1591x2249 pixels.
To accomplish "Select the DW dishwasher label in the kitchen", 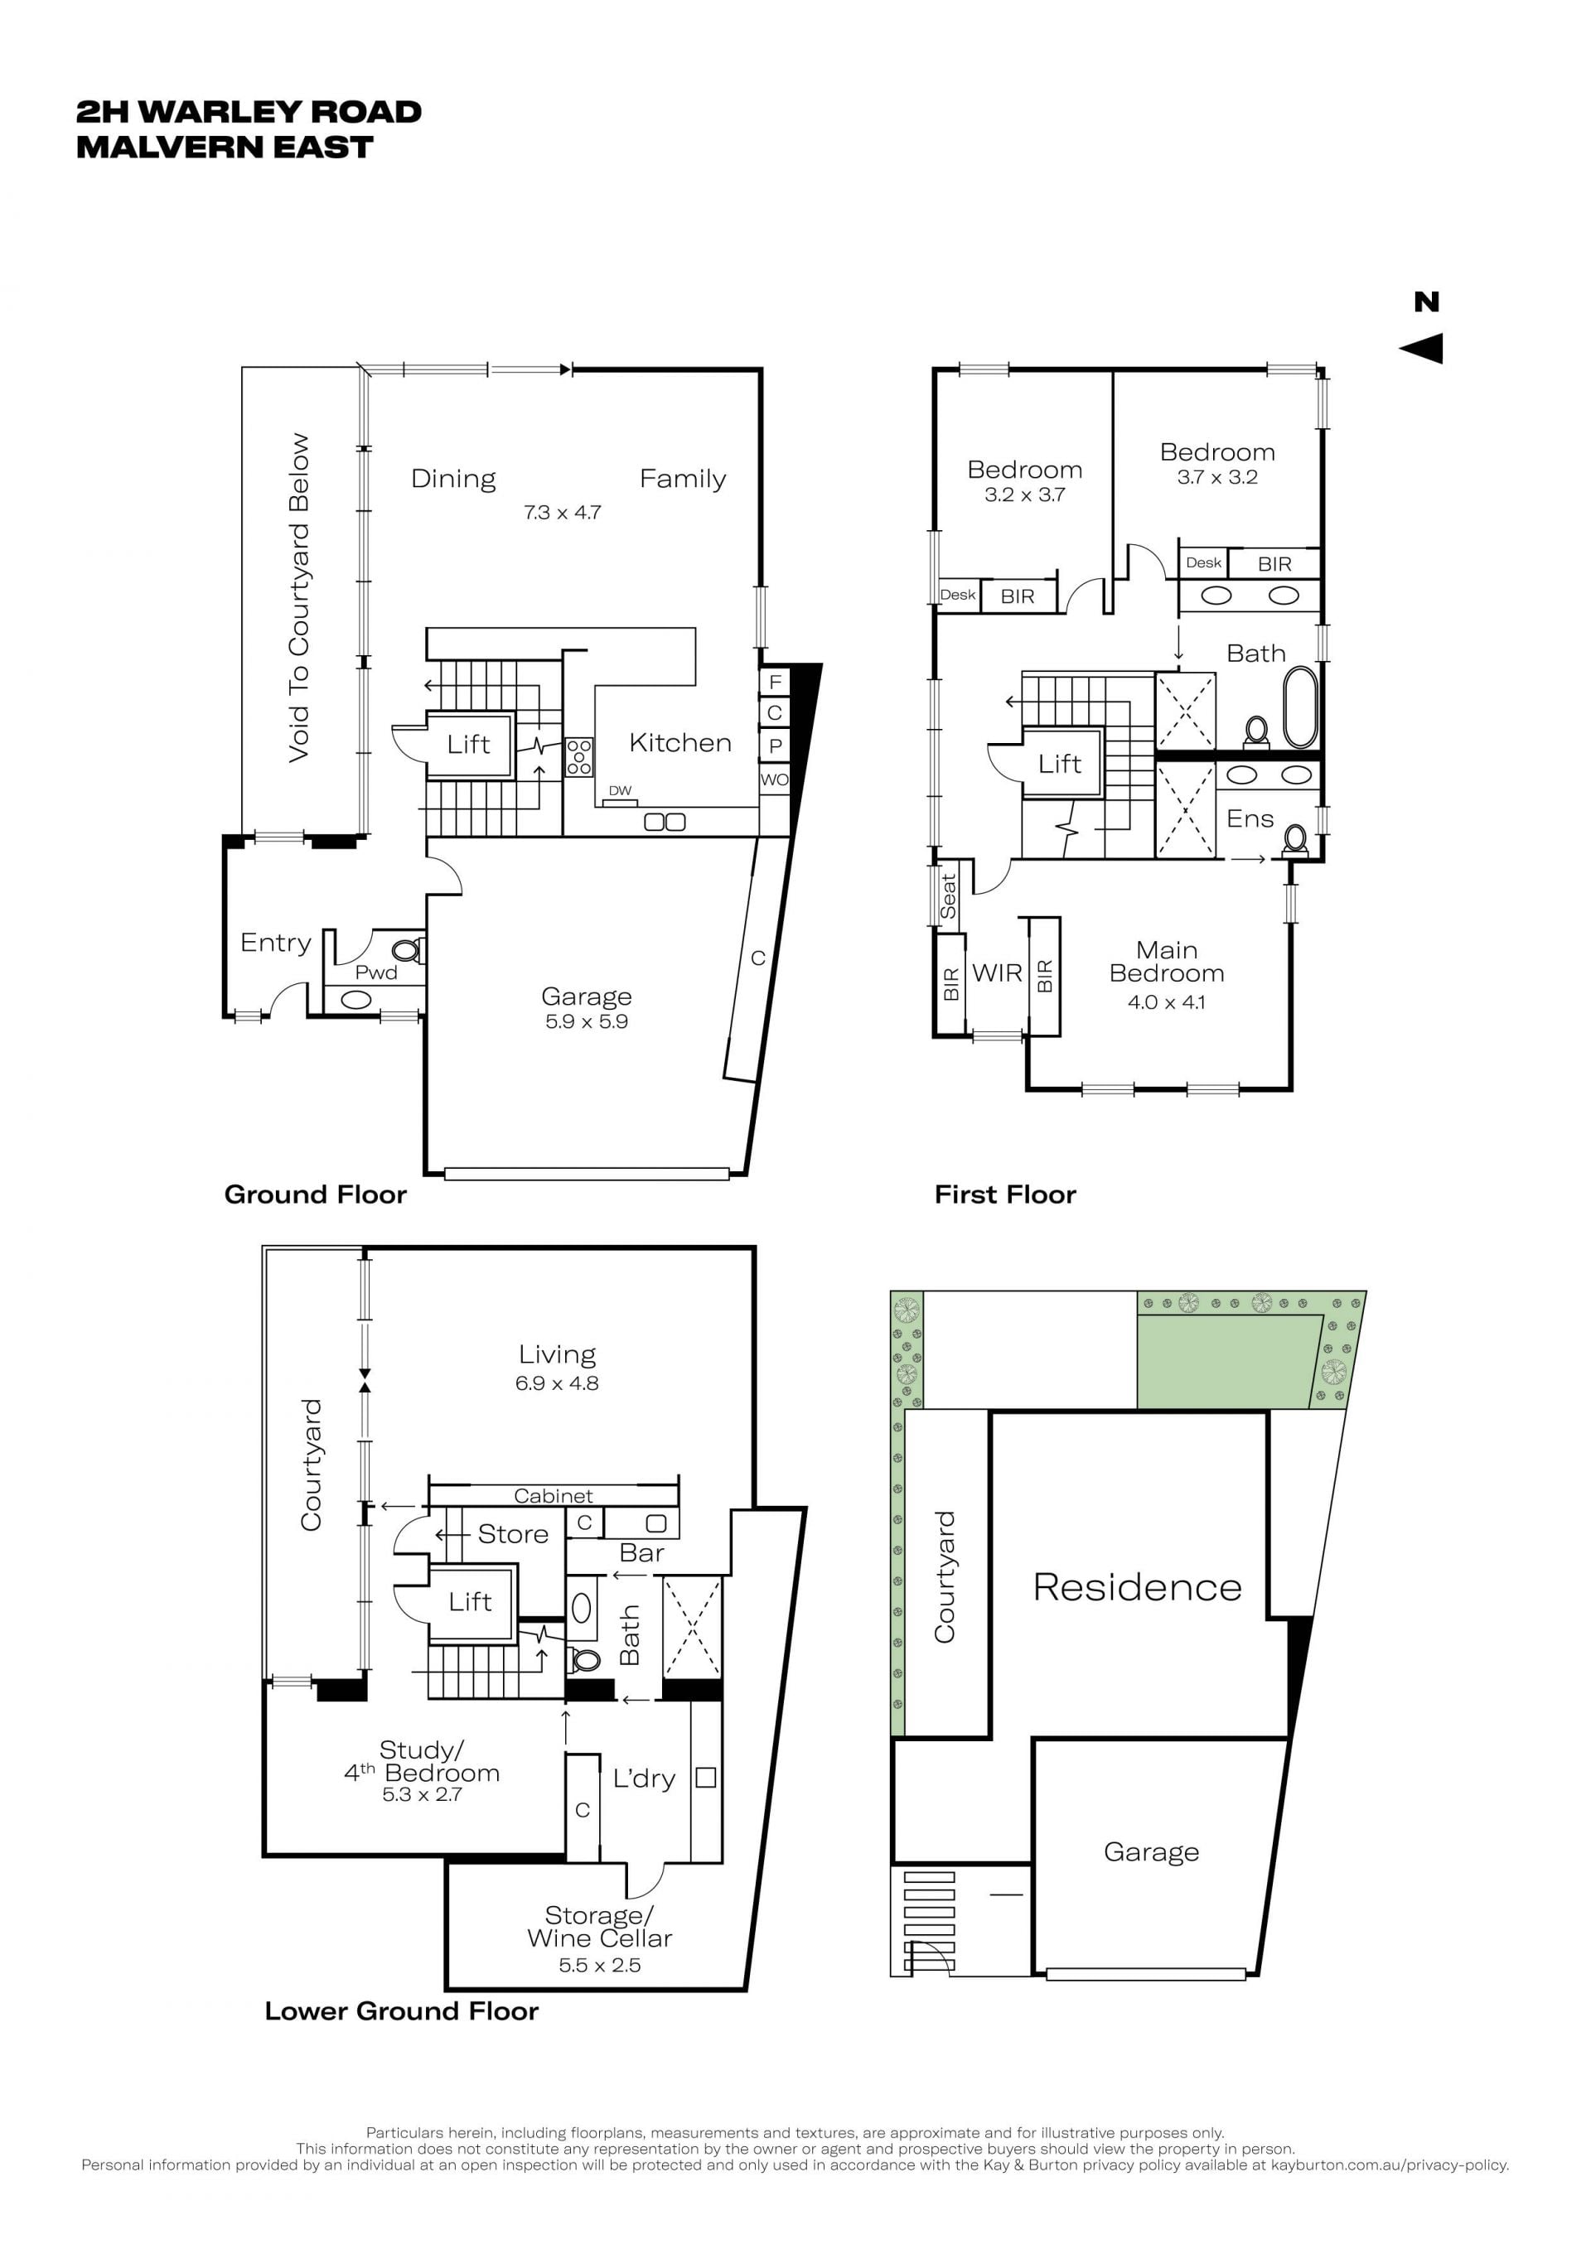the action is coord(620,790).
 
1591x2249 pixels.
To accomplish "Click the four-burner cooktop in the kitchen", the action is coord(579,757).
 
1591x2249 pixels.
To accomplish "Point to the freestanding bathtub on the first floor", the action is coord(1300,707).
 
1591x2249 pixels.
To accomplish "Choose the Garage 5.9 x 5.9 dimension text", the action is coord(587,1021).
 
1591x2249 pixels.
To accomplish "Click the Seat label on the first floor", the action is coord(947,896).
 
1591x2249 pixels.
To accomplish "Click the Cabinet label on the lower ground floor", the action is coord(554,1496).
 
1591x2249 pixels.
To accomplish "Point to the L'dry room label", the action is coord(644,1778).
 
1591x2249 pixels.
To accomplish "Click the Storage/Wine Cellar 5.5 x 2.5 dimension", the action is coord(600,1965).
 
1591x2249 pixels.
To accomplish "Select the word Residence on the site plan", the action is coord(1138,1588).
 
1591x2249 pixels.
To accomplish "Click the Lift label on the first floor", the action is coord(1060,764).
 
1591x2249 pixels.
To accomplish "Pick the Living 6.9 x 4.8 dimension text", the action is coord(557,1384).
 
